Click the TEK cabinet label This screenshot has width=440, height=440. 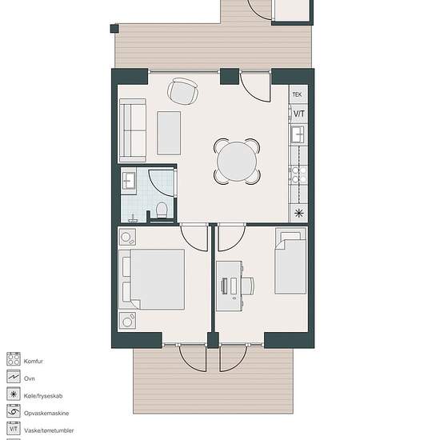[x=297, y=94]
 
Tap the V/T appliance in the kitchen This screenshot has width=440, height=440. [x=298, y=114]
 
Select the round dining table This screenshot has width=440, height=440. [x=237, y=162]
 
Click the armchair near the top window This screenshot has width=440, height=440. [x=182, y=91]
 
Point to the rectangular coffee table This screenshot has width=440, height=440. [x=169, y=133]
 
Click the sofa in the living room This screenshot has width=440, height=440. [x=133, y=130]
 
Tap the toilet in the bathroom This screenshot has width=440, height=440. [x=162, y=210]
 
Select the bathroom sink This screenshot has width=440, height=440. [x=129, y=181]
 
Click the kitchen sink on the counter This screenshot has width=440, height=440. [x=298, y=134]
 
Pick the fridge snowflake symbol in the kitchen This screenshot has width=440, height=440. [x=299, y=214]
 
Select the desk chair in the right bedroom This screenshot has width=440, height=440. [x=248, y=286]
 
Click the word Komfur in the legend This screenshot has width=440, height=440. [x=34, y=361]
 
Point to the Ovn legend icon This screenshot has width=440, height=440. [x=14, y=377]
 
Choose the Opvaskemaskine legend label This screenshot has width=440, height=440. [x=46, y=413]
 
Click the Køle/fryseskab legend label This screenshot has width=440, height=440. [x=43, y=396]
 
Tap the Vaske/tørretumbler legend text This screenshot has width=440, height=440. [x=49, y=430]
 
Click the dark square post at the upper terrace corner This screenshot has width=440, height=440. [x=114, y=29]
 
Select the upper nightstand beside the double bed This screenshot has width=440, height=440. [x=127, y=237]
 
